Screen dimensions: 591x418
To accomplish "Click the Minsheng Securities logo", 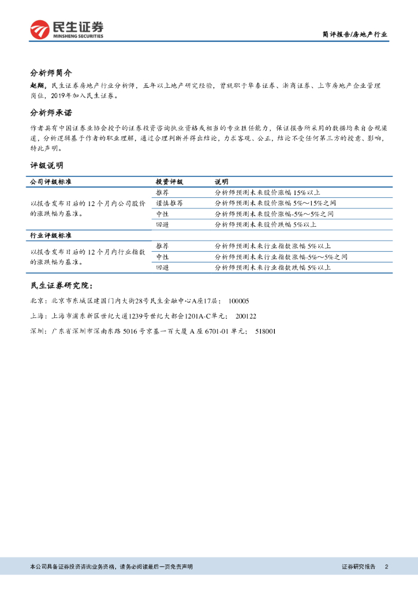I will pyautogui.click(x=67, y=29).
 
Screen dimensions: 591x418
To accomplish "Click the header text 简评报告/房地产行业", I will pyautogui.click(x=354, y=35).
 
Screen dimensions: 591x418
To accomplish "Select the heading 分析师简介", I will pyautogui.click(x=51, y=73).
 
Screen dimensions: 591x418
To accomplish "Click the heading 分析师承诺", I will pyautogui.click(x=51, y=113).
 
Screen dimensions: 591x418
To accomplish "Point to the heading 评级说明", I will pyautogui.click(x=47, y=166).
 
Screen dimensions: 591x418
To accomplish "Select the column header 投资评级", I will pyautogui.click(x=169, y=182).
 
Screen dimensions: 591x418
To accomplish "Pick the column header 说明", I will pyautogui.click(x=221, y=182).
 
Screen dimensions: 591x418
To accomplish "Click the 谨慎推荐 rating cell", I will pyautogui.click(x=169, y=203).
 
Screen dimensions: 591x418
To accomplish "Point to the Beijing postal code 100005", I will pyautogui.click(x=238, y=301).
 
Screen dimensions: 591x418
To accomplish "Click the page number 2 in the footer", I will pyautogui.click(x=386, y=567).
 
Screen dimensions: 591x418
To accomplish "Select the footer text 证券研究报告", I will pyautogui.click(x=358, y=567).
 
